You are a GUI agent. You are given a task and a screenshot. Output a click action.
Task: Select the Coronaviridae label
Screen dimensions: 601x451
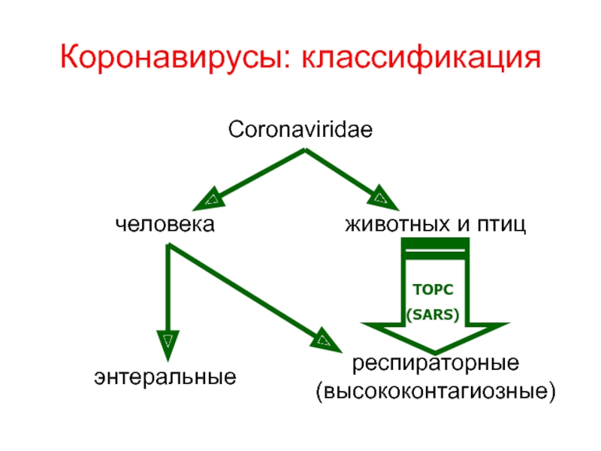(300, 131)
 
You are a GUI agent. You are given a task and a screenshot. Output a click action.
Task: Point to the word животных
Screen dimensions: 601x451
(397, 224)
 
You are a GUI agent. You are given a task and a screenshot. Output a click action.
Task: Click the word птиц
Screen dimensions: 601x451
(500, 224)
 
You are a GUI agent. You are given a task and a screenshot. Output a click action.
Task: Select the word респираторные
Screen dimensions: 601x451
(437, 365)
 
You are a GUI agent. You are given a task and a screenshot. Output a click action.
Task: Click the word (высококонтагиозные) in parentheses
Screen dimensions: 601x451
(437, 392)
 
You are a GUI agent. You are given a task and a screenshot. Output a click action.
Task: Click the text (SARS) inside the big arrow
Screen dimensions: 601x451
(433, 315)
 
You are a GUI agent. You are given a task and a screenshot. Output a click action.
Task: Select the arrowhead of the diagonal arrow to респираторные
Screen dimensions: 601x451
(325, 340)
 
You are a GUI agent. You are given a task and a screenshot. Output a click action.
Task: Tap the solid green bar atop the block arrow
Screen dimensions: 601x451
(436, 247)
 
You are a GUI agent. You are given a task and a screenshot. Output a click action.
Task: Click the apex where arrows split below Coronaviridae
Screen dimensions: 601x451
(304, 150)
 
